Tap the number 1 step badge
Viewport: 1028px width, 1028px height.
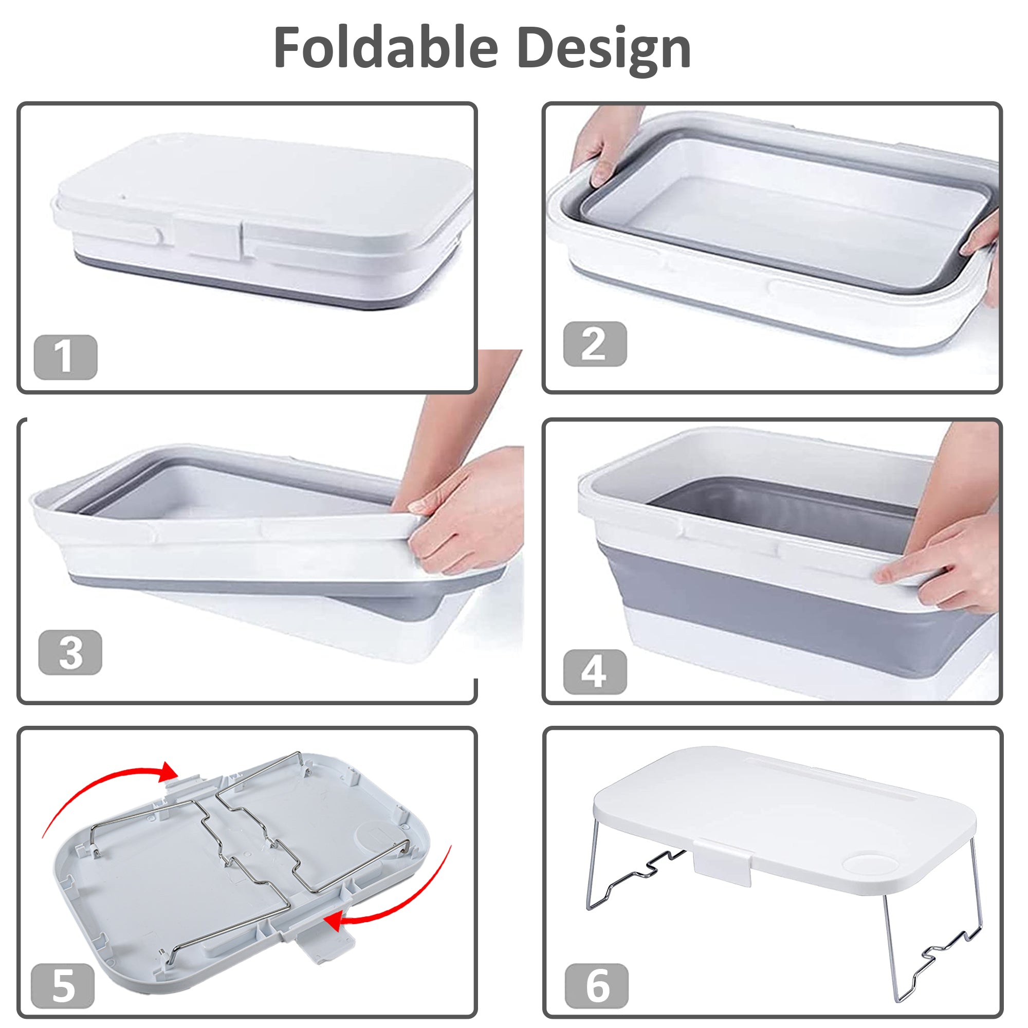[65, 357]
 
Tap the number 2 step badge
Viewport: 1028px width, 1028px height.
[595, 344]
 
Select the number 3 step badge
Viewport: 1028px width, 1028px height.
[70, 652]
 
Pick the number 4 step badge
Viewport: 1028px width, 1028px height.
[595, 671]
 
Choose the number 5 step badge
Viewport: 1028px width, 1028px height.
[63, 985]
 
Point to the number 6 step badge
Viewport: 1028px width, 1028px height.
[596, 985]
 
